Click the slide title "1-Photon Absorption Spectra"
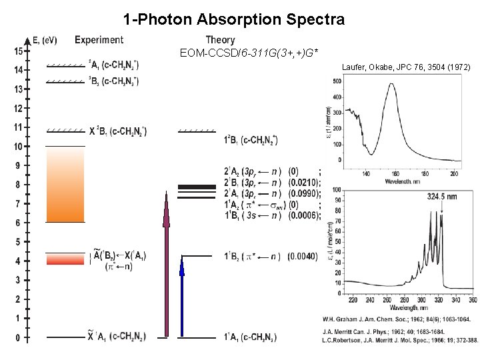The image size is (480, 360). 234,19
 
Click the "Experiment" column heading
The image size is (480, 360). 99,41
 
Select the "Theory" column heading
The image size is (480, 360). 220,41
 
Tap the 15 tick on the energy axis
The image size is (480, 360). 18,51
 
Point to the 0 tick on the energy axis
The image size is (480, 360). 18,338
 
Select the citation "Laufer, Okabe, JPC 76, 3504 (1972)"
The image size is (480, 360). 406,67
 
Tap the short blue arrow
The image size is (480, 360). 181,297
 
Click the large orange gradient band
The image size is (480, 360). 65,184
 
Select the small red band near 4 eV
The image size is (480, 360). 65,259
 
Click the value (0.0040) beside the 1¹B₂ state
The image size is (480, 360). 303,256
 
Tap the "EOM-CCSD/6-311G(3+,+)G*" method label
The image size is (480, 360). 249,53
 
